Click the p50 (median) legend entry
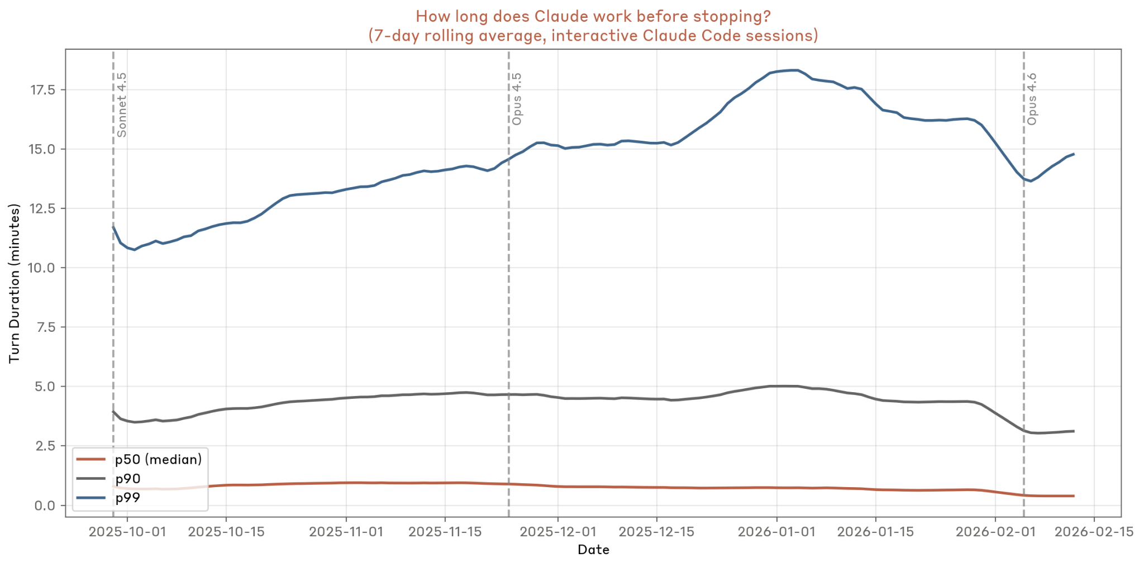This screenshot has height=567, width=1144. coord(158,460)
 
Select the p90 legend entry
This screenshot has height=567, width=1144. coord(128,479)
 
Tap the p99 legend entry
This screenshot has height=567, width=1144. coord(128,498)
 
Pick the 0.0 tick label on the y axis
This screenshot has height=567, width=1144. coord(45,506)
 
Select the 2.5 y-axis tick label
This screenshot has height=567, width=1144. coord(45,446)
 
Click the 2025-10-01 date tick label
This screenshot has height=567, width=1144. coord(127,531)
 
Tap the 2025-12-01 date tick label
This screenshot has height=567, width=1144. coord(557,531)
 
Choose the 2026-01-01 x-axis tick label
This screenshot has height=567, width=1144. coord(776,531)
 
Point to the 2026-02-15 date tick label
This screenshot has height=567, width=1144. coord(1094,531)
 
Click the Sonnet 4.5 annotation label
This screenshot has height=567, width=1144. coord(122,104)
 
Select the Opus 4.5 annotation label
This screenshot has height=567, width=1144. coord(517,98)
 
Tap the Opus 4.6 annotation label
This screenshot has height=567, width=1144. coord(1032,98)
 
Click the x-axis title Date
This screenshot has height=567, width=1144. coord(593,550)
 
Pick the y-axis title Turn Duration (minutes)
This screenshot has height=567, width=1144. coord(15,283)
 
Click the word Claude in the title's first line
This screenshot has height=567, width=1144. coord(561,16)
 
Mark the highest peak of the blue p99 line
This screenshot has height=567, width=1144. coord(795,70)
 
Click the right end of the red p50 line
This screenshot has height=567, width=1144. coord(1074,496)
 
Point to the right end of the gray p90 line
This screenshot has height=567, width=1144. coord(1074,431)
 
